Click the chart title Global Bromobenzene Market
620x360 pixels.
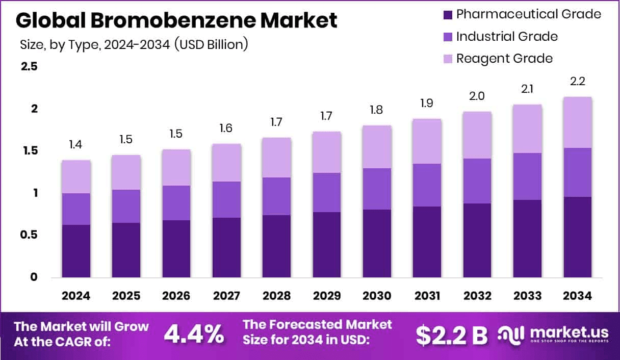(x=176, y=21)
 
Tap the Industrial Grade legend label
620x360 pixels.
(x=506, y=36)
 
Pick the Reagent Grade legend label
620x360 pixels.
(x=504, y=58)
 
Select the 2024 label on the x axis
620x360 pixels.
(x=76, y=296)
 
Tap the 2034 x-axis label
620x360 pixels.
(x=578, y=296)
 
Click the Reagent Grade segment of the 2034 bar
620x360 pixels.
(x=578, y=122)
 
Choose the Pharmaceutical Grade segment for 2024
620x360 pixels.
(x=76, y=251)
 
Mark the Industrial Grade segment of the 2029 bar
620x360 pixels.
(x=327, y=192)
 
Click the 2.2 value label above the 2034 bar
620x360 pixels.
(x=578, y=82)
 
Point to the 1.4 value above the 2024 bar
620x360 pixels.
(x=76, y=145)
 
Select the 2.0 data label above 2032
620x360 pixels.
(x=477, y=96)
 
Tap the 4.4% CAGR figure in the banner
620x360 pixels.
(x=194, y=335)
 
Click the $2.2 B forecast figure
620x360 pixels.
(x=451, y=335)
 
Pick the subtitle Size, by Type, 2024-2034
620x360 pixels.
(x=134, y=44)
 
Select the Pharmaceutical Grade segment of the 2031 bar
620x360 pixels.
(x=427, y=242)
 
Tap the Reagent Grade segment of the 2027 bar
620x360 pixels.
(x=227, y=163)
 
